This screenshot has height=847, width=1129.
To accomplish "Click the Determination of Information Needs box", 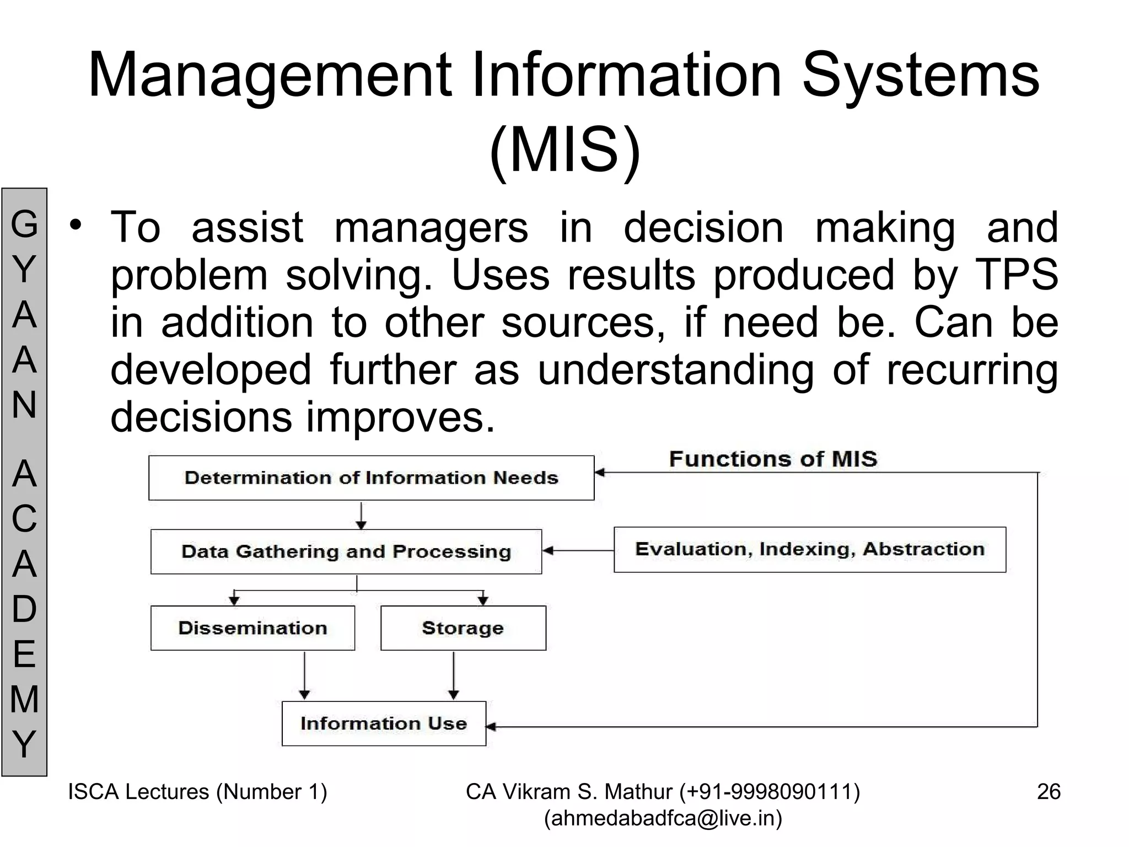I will pyautogui.click(x=371, y=478).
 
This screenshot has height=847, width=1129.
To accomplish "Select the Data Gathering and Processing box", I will pyautogui.click(x=346, y=551).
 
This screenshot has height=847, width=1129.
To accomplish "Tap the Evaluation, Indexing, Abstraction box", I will pyautogui.click(x=809, y=549).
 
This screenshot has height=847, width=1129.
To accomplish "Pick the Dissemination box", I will pyautogui.click(x=252, y=628).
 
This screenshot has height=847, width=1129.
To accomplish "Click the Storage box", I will pyautogui.click(x=463, y=628).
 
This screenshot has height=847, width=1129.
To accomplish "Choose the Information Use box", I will pyautogui.click(x=384, y=723).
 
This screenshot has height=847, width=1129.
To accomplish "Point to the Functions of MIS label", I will pyautogui.click(x=773, y=459).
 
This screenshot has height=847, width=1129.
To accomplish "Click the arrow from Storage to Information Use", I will pyautogui.click(x=453, y=676).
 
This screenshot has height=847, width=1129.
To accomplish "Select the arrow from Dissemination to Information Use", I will pyautogui.click(x=304, y=676).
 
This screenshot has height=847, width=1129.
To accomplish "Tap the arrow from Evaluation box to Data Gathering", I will pyautogui.click(x=578, y=550).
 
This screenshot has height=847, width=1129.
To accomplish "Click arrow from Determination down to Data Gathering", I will pyautogui.click(x=361, y=515).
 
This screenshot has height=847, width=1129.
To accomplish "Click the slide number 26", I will pyautogui.click(x=1049, y=792).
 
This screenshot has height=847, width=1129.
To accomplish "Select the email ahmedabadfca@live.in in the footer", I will pyautogui.click(x=663, y=819).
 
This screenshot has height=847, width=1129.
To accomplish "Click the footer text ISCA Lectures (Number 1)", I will pyautogui.click(x=197, y=792).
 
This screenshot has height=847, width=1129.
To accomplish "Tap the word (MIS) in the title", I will pyautogui.click(x=565, y=150).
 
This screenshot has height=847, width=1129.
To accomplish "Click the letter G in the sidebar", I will pyautogui.click(x=24, y=225).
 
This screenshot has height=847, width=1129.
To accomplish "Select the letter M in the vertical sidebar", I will pyautogui.click(x=24, y=699).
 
